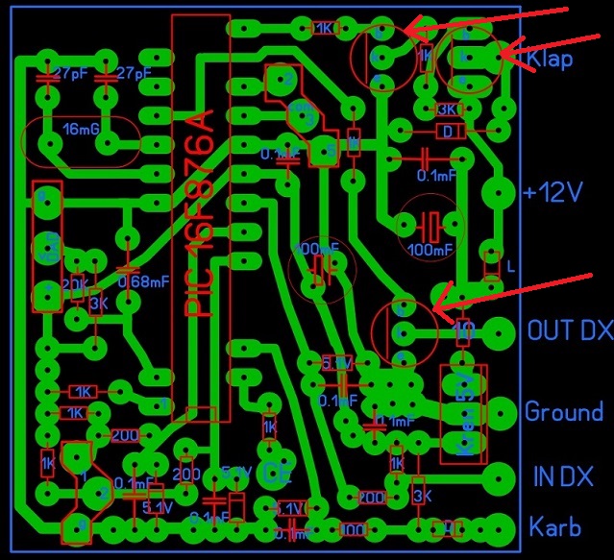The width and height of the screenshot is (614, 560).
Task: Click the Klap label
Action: point(550,60)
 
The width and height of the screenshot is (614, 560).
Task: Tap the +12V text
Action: point(553,191)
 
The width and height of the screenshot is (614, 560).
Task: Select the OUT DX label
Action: point(570,331)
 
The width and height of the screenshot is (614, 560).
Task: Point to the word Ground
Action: point(563,412)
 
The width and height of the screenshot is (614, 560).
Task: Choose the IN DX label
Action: point(562,476)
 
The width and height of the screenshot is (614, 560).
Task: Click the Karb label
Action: point(555,527)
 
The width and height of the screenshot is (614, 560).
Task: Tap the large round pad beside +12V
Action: point(499,193)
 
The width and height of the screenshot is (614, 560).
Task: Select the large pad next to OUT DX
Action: point(499,332)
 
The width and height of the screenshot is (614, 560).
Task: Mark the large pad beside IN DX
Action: point(499,476)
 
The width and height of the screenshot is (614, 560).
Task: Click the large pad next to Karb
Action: point(499,527)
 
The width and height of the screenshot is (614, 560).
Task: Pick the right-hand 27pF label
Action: point(134,73)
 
